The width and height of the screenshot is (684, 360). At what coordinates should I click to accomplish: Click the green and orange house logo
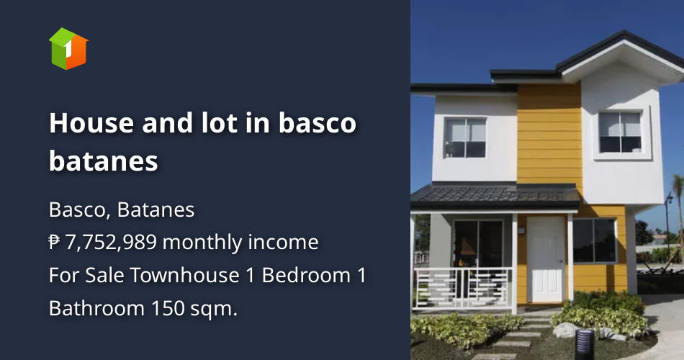click(68, 48)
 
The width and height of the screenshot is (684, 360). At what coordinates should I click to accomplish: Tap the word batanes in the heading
click(103, 161)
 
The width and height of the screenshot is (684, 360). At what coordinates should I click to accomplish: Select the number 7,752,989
click(111, 243)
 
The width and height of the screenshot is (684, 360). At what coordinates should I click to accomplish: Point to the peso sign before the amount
click(55, 243)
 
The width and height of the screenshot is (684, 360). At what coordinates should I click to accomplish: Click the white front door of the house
click(546, 259)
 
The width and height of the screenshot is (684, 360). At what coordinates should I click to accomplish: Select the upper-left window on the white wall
click(465, 138)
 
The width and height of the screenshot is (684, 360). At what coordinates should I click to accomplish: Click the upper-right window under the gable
click(619, 132)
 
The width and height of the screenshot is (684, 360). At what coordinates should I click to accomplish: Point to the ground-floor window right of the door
click(593, 240)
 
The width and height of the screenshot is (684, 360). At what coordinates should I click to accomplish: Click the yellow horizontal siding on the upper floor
click(549, 137)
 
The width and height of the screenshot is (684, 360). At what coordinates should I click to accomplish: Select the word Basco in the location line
click(78, 210)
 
